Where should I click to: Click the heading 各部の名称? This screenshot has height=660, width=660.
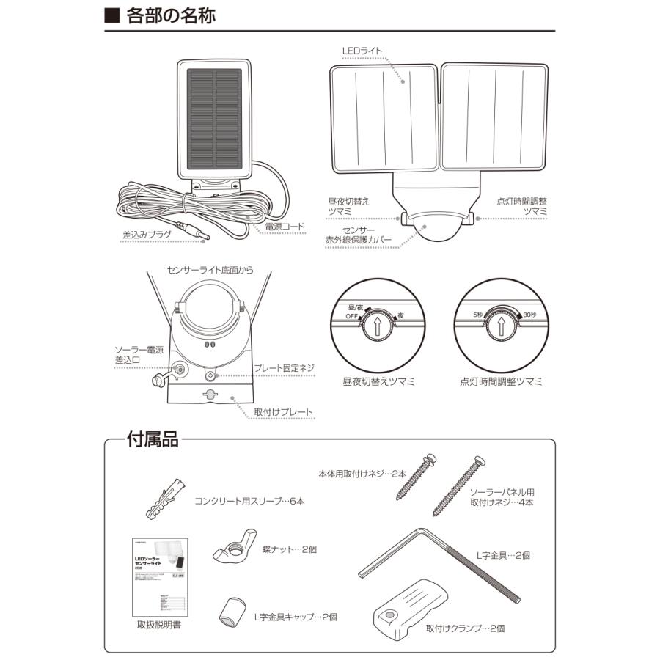[169, 16]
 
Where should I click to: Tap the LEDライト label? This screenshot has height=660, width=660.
[362, 51]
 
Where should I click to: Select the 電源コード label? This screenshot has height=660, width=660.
[284, 227]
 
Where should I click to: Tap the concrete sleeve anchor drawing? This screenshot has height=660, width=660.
[164, 498]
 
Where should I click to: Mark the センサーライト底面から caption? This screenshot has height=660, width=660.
[210, 270]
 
